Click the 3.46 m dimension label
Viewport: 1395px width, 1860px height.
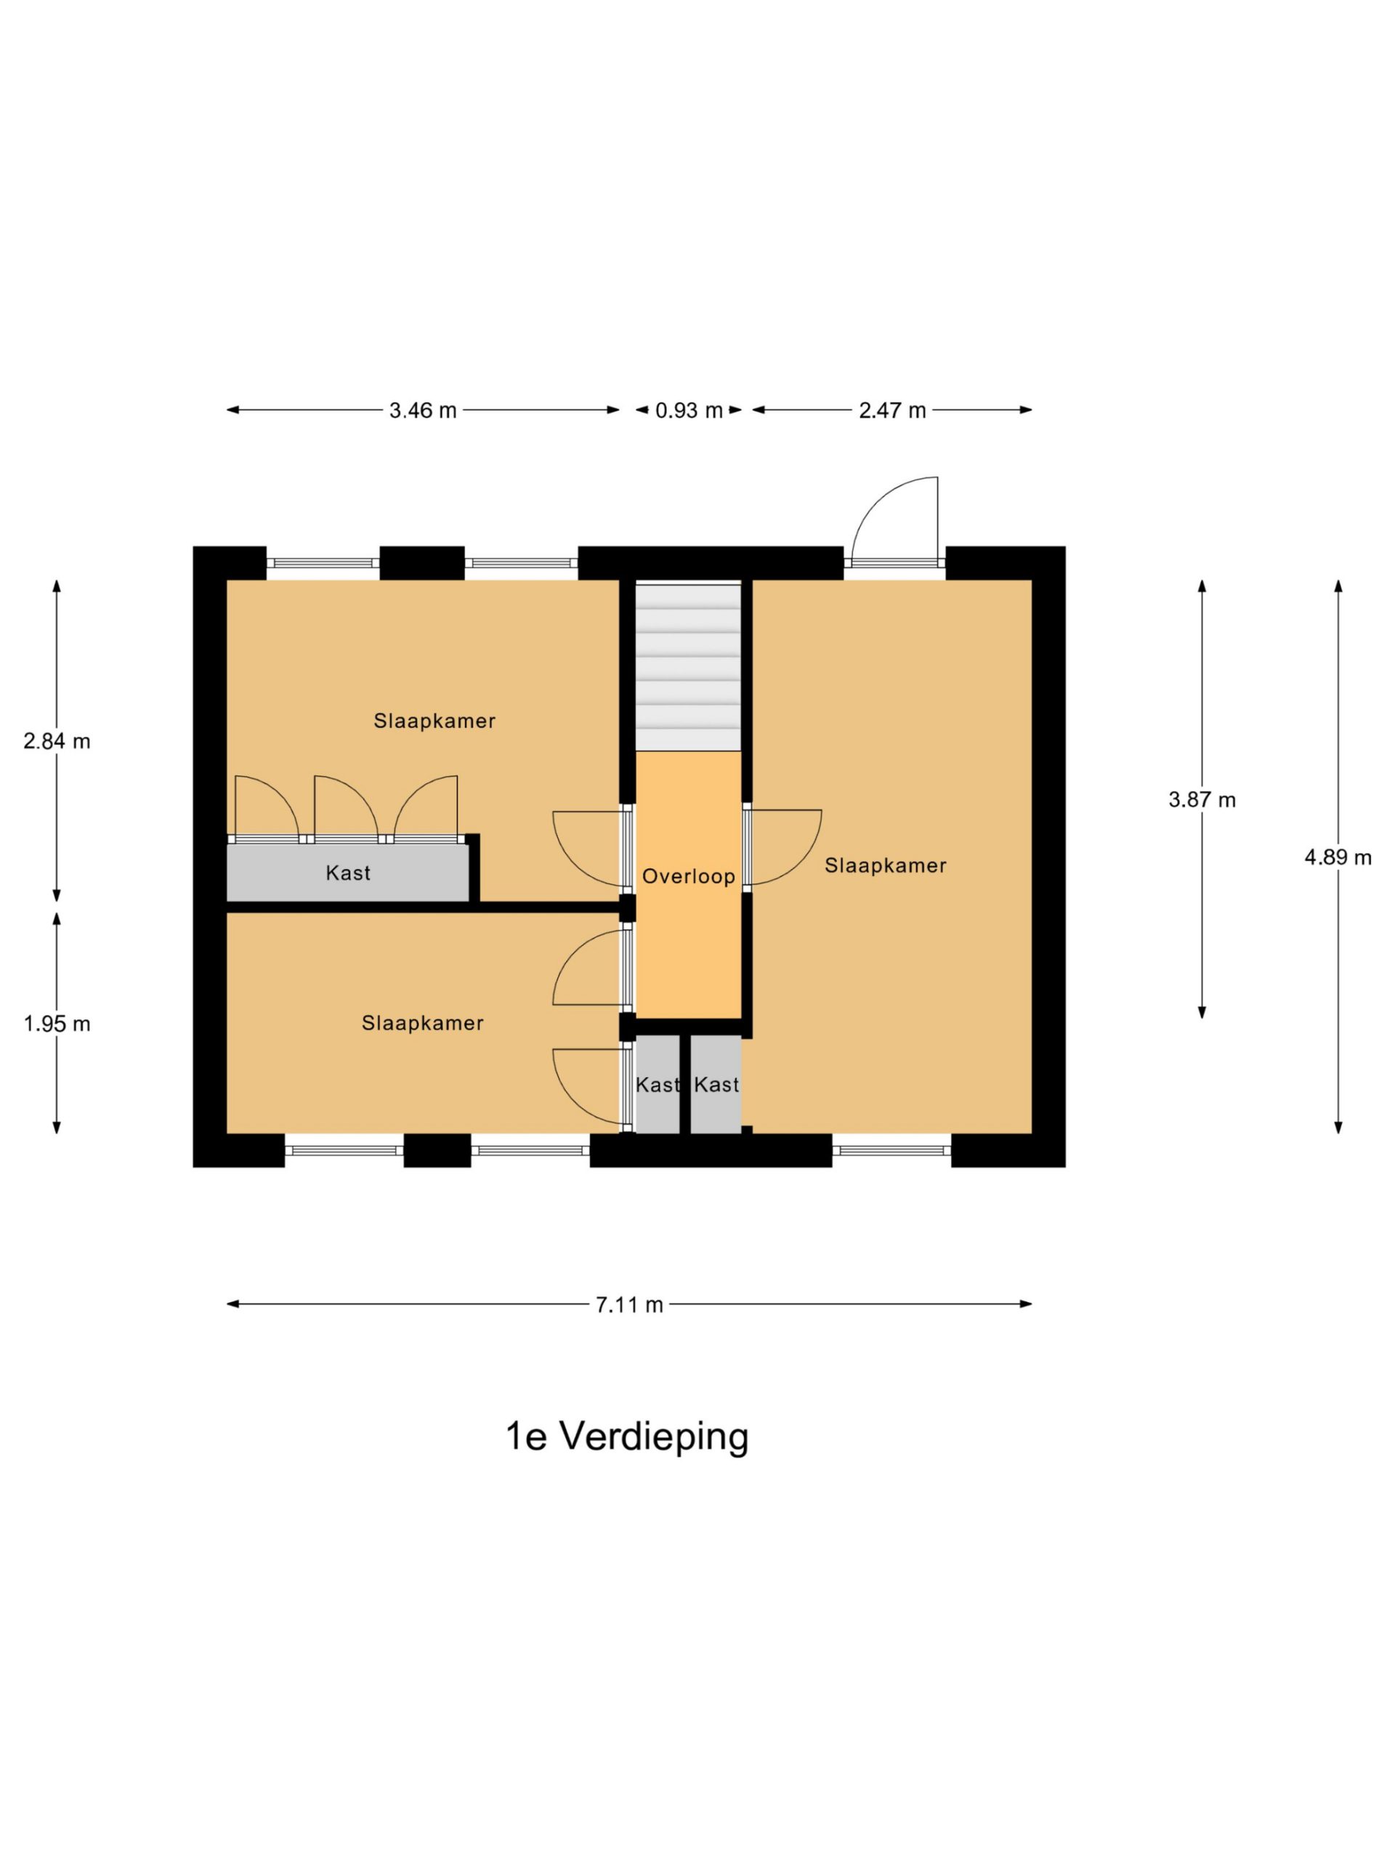pos(422,411)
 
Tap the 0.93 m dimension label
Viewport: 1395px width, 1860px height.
pos(689,411)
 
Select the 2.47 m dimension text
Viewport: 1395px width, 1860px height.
pos(891,411)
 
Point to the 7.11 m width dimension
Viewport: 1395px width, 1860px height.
pos(629,1304)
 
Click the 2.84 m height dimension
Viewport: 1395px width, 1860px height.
pos(57,741)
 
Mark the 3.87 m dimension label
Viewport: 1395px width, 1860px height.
pos(1202,800)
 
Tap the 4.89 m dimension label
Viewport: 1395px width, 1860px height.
pos(1338,857)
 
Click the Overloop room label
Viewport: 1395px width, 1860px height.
pos(689,877)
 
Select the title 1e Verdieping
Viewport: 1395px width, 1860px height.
pos(626,1436)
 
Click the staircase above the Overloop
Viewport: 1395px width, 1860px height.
pos(688,666)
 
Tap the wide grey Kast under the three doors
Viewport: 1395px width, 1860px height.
pos(347,873)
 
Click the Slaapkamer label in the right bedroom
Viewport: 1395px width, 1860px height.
pos(886,865)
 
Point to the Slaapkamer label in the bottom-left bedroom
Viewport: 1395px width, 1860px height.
pos(422,1022)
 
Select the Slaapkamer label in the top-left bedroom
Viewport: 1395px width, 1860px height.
pos(434,721)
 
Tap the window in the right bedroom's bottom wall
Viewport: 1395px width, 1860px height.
pos(891,1150)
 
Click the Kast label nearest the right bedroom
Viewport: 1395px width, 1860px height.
pos(716,1085)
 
